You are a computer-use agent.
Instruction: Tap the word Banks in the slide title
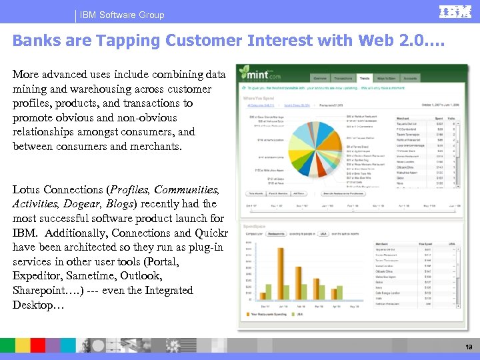click(x=31, y=40)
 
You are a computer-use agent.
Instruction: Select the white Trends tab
click(x=365, y=79)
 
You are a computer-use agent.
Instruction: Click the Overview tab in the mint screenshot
click(x=321, y=79)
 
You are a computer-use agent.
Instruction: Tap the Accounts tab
click(x=411, y=79)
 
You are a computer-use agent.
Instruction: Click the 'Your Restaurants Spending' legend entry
click(x=270, y=313)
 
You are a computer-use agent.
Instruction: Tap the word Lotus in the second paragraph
click(x=27, y=189)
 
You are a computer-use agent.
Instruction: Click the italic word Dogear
click(x=79, y=204)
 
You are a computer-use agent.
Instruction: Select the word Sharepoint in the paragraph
click(x=37, y=291)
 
